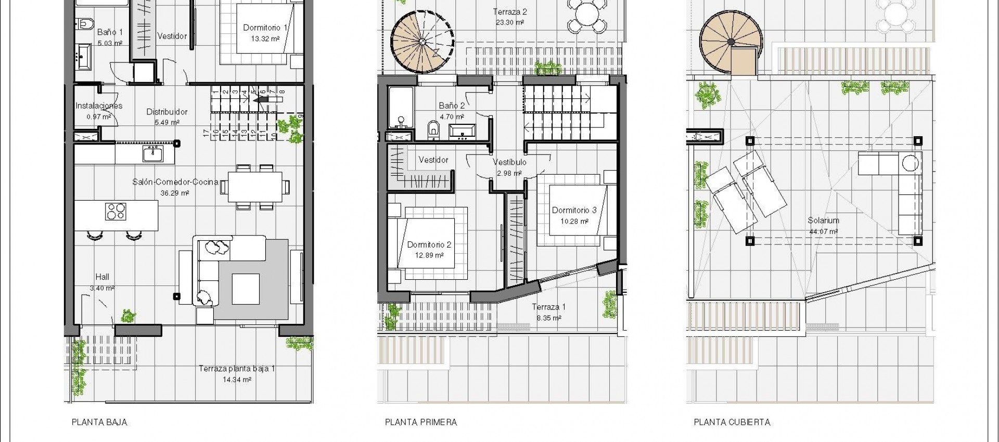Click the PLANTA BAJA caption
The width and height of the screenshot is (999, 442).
[x=99, y=422]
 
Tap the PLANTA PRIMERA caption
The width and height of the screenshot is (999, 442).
[x=420, y=422]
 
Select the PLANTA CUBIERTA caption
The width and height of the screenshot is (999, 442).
[x=732, y=422]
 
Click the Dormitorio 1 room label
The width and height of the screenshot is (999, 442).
[x=265, y=28]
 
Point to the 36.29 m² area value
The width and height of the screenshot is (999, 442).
[x=175, y=192]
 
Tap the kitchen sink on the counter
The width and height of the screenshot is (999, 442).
[x=152, y=154]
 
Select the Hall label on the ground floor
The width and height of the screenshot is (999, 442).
[x=102, y=277]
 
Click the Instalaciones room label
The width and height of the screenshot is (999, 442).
[x=99, y=106]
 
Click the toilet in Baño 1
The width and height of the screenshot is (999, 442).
[x=85, y=23]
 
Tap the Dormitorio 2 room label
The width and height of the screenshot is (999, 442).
[x=429, y=244]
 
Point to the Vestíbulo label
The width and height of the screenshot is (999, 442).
[x=509, y=162]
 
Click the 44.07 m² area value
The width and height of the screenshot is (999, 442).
[x=823, y=231]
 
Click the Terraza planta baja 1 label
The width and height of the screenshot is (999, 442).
[x=237, y=369]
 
